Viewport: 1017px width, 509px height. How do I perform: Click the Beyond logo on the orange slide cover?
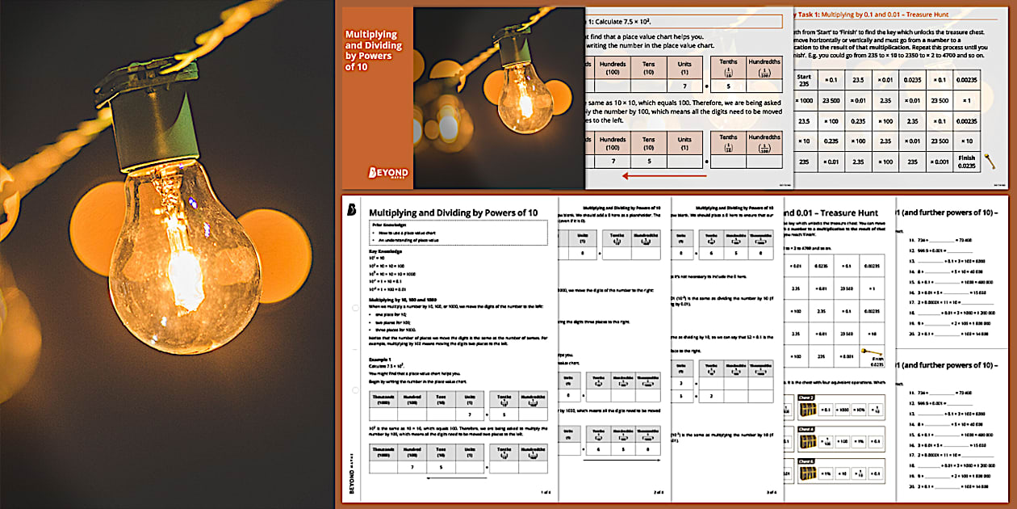[x=387, y=173]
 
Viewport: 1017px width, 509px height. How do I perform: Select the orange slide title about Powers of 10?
[x=372, y=51]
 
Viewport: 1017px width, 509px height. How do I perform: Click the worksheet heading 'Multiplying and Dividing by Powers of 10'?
[x=453, y=212]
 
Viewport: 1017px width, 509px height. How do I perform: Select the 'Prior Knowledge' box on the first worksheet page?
[x=457, y=233]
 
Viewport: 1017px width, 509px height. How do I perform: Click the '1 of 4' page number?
[x=544, y=491]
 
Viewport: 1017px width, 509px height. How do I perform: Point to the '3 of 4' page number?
[x=772, y=491]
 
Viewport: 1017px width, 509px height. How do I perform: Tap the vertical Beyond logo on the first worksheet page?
[x=352, y=476]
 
